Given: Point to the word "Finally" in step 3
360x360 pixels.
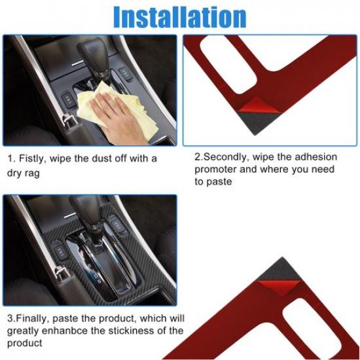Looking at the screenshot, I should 33,319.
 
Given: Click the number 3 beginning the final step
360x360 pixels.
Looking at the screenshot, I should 10,319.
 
